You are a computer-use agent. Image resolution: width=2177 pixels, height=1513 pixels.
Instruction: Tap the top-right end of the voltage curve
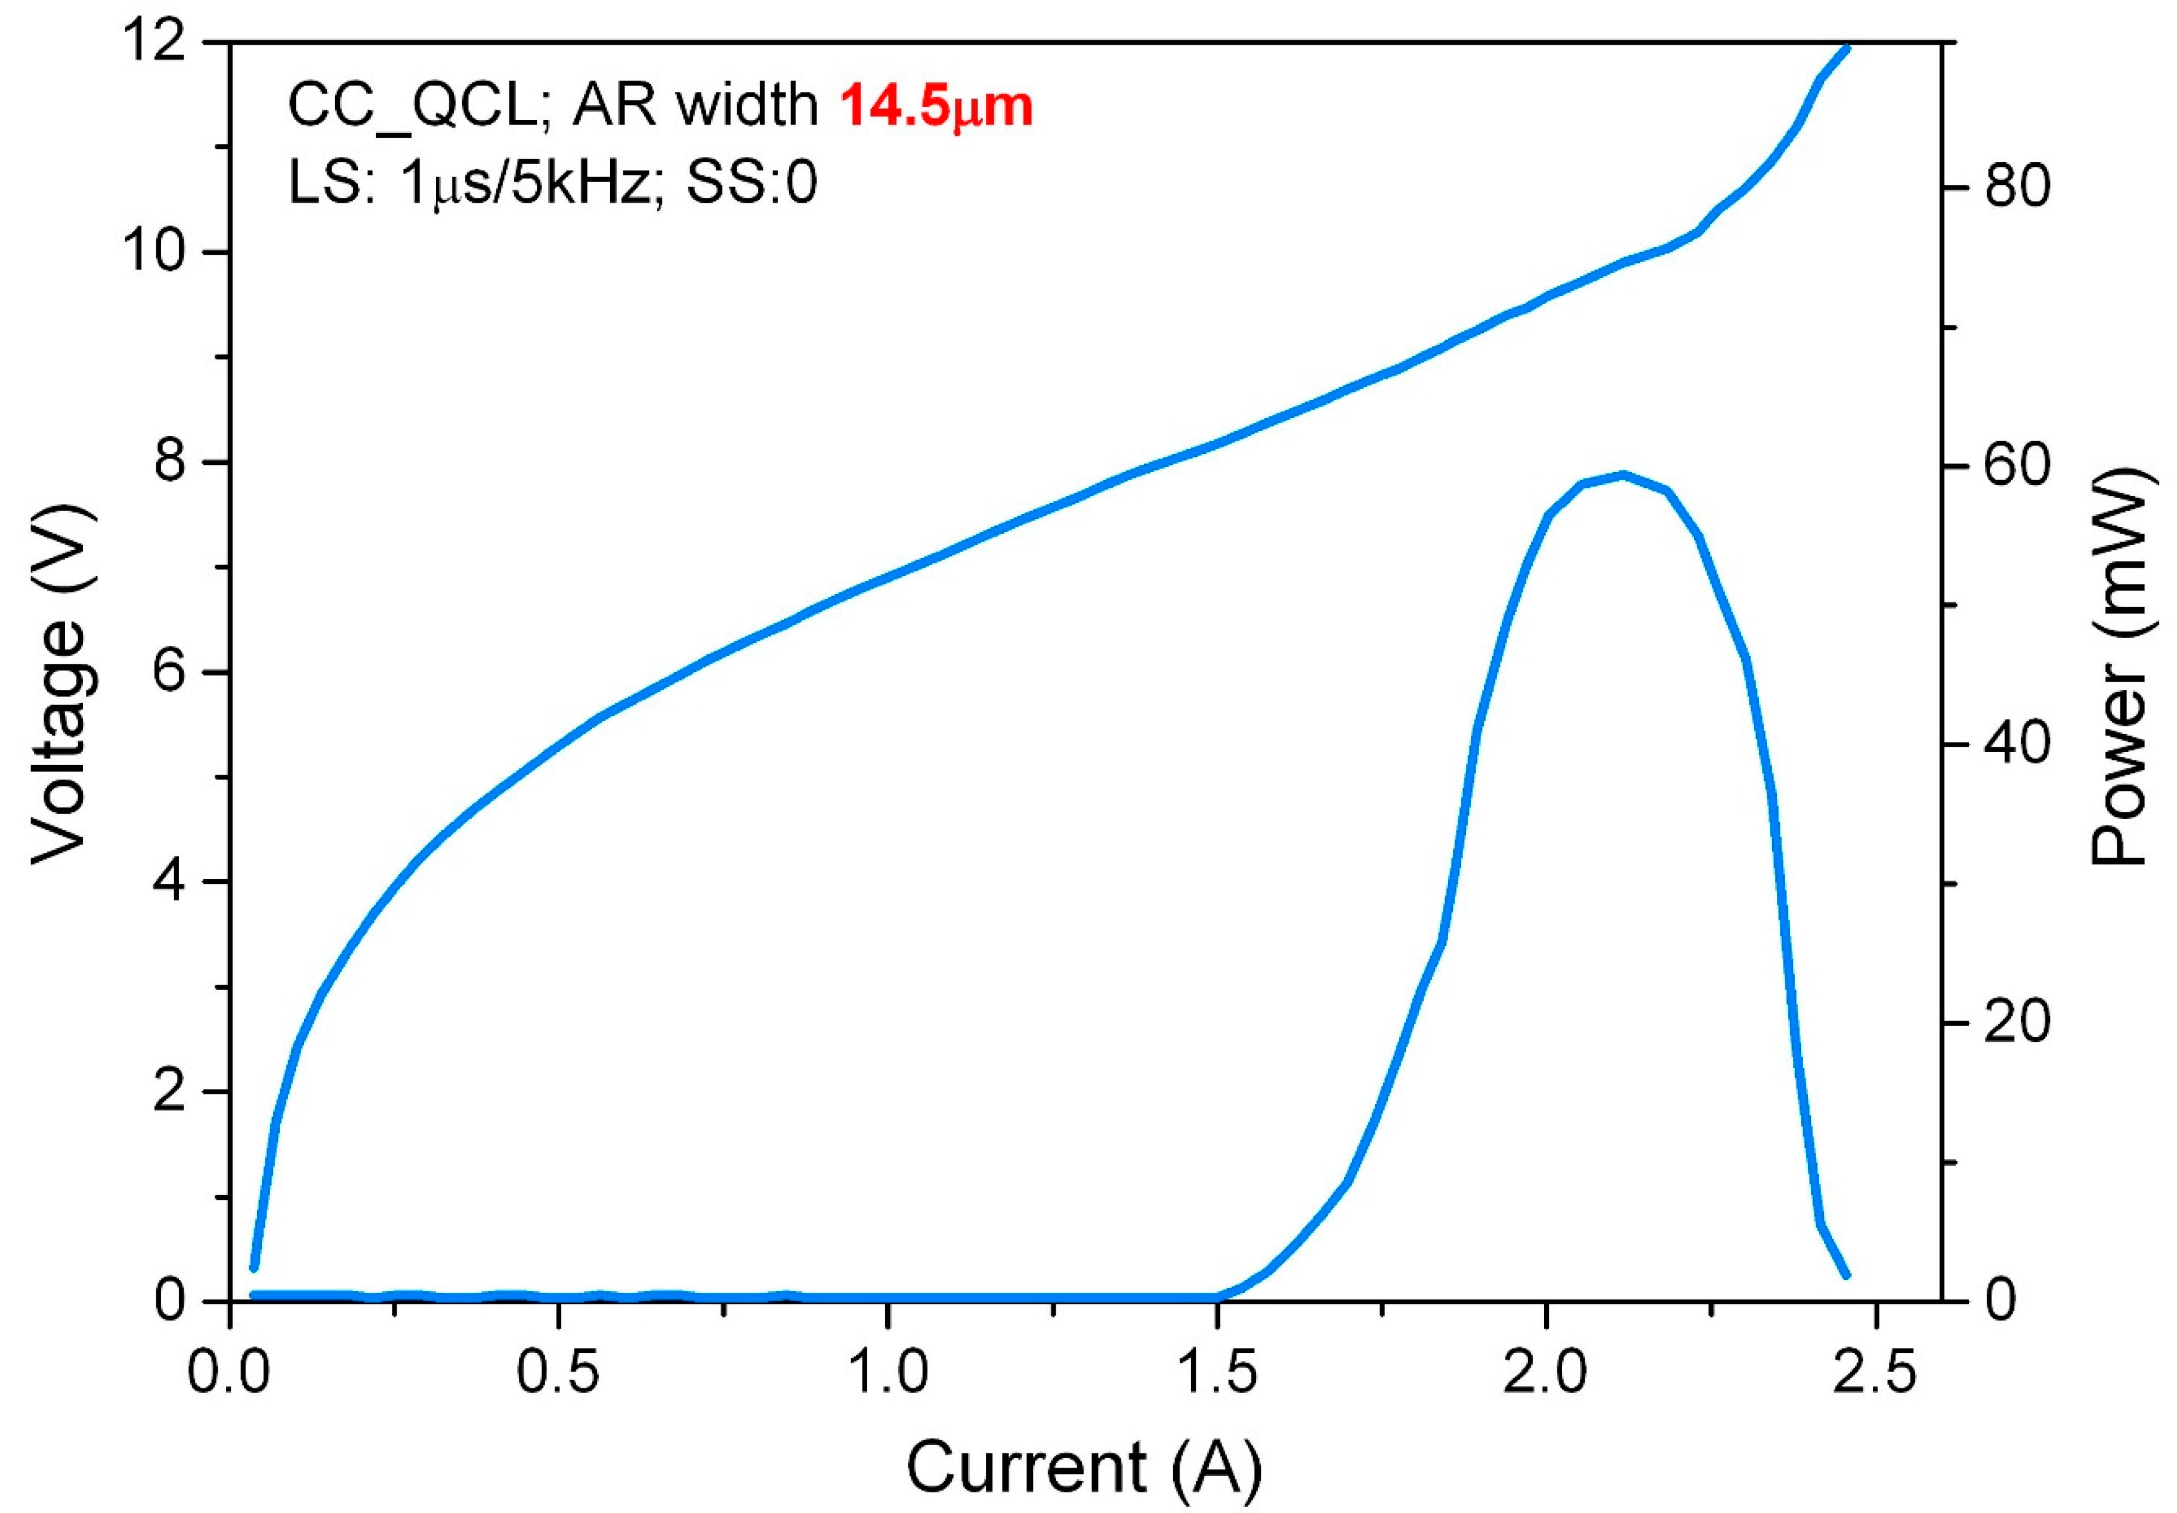coord(1845,47)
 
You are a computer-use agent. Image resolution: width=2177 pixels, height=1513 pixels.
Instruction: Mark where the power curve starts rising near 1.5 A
coord(1223,1295)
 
